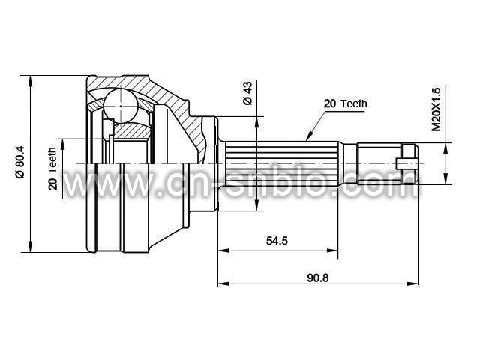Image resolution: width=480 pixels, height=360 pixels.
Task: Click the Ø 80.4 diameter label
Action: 20,161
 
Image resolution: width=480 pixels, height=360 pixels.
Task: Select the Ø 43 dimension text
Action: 247,93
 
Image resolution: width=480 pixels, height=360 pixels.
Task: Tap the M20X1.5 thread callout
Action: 436,109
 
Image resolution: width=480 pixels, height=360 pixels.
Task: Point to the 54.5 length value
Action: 277,241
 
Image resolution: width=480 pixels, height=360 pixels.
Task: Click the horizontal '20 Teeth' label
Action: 345,103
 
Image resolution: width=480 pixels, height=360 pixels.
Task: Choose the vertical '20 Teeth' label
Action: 52,169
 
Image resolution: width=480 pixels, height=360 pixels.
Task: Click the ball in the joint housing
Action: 120,106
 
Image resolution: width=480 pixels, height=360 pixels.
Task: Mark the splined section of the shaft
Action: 282,163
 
